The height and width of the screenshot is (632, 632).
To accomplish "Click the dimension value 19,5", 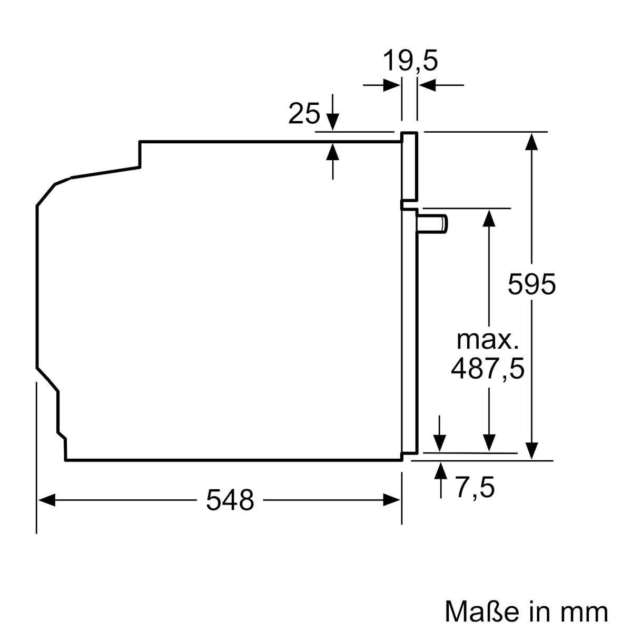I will coord(410,61).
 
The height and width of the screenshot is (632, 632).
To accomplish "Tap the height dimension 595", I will coord(531,285).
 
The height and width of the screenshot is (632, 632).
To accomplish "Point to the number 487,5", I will coord(488,369).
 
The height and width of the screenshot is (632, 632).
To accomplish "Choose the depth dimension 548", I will coord(230,500).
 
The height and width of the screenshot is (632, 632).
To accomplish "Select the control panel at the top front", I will coord(409,166).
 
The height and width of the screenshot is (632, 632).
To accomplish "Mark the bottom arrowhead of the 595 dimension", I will coord(532,450).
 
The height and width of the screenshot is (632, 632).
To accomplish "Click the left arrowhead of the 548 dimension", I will coord(46,500).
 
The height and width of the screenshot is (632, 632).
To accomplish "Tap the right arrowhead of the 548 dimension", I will coord(392,500).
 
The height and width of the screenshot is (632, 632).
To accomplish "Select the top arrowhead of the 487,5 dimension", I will coord(489,218).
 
